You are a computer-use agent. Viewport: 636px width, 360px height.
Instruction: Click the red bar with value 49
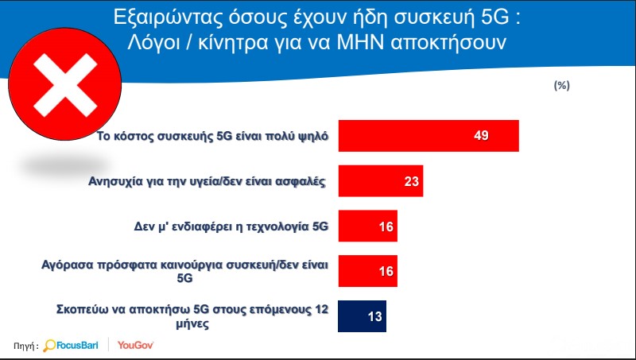429,136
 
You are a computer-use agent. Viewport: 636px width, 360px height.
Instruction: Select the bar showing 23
381,181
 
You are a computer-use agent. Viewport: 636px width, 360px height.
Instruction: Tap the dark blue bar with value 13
363,316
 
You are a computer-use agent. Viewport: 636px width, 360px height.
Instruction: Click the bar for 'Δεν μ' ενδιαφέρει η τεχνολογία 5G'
368,226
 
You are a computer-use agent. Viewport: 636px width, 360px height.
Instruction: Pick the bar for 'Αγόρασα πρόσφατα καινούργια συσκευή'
368,271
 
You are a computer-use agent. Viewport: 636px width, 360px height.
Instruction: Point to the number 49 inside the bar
481,135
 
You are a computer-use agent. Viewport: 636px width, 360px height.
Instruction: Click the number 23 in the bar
411,181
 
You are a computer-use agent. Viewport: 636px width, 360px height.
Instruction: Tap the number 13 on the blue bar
374,316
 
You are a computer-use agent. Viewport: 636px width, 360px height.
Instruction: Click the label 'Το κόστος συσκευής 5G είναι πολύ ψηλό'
212,136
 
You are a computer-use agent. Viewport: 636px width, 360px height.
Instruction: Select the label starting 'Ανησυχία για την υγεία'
207,181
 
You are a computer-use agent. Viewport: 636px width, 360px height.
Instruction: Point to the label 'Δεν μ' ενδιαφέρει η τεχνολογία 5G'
231,226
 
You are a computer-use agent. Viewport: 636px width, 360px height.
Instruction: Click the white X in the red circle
65,85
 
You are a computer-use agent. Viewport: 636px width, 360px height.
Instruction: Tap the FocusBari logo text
77,346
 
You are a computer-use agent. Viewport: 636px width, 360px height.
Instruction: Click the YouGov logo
135,346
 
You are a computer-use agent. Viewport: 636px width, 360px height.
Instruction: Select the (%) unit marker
562,86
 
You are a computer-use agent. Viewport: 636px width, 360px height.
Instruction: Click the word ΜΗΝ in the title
361,43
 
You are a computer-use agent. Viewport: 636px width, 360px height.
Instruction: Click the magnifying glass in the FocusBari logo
49,346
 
